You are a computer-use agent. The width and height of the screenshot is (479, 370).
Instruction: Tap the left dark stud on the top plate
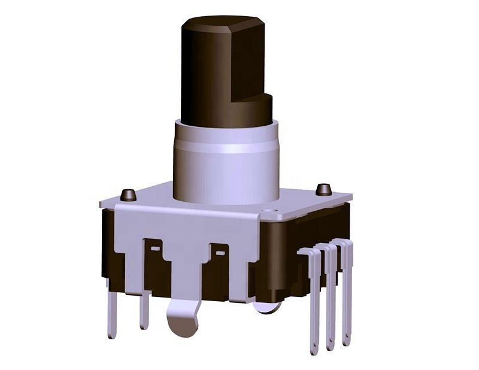point(128,195)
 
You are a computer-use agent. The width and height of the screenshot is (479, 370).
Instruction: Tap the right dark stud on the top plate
point(323,189)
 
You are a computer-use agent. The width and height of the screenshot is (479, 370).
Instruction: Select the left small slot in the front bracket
point(154,247)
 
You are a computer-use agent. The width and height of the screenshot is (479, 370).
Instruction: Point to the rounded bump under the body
point(265,307)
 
